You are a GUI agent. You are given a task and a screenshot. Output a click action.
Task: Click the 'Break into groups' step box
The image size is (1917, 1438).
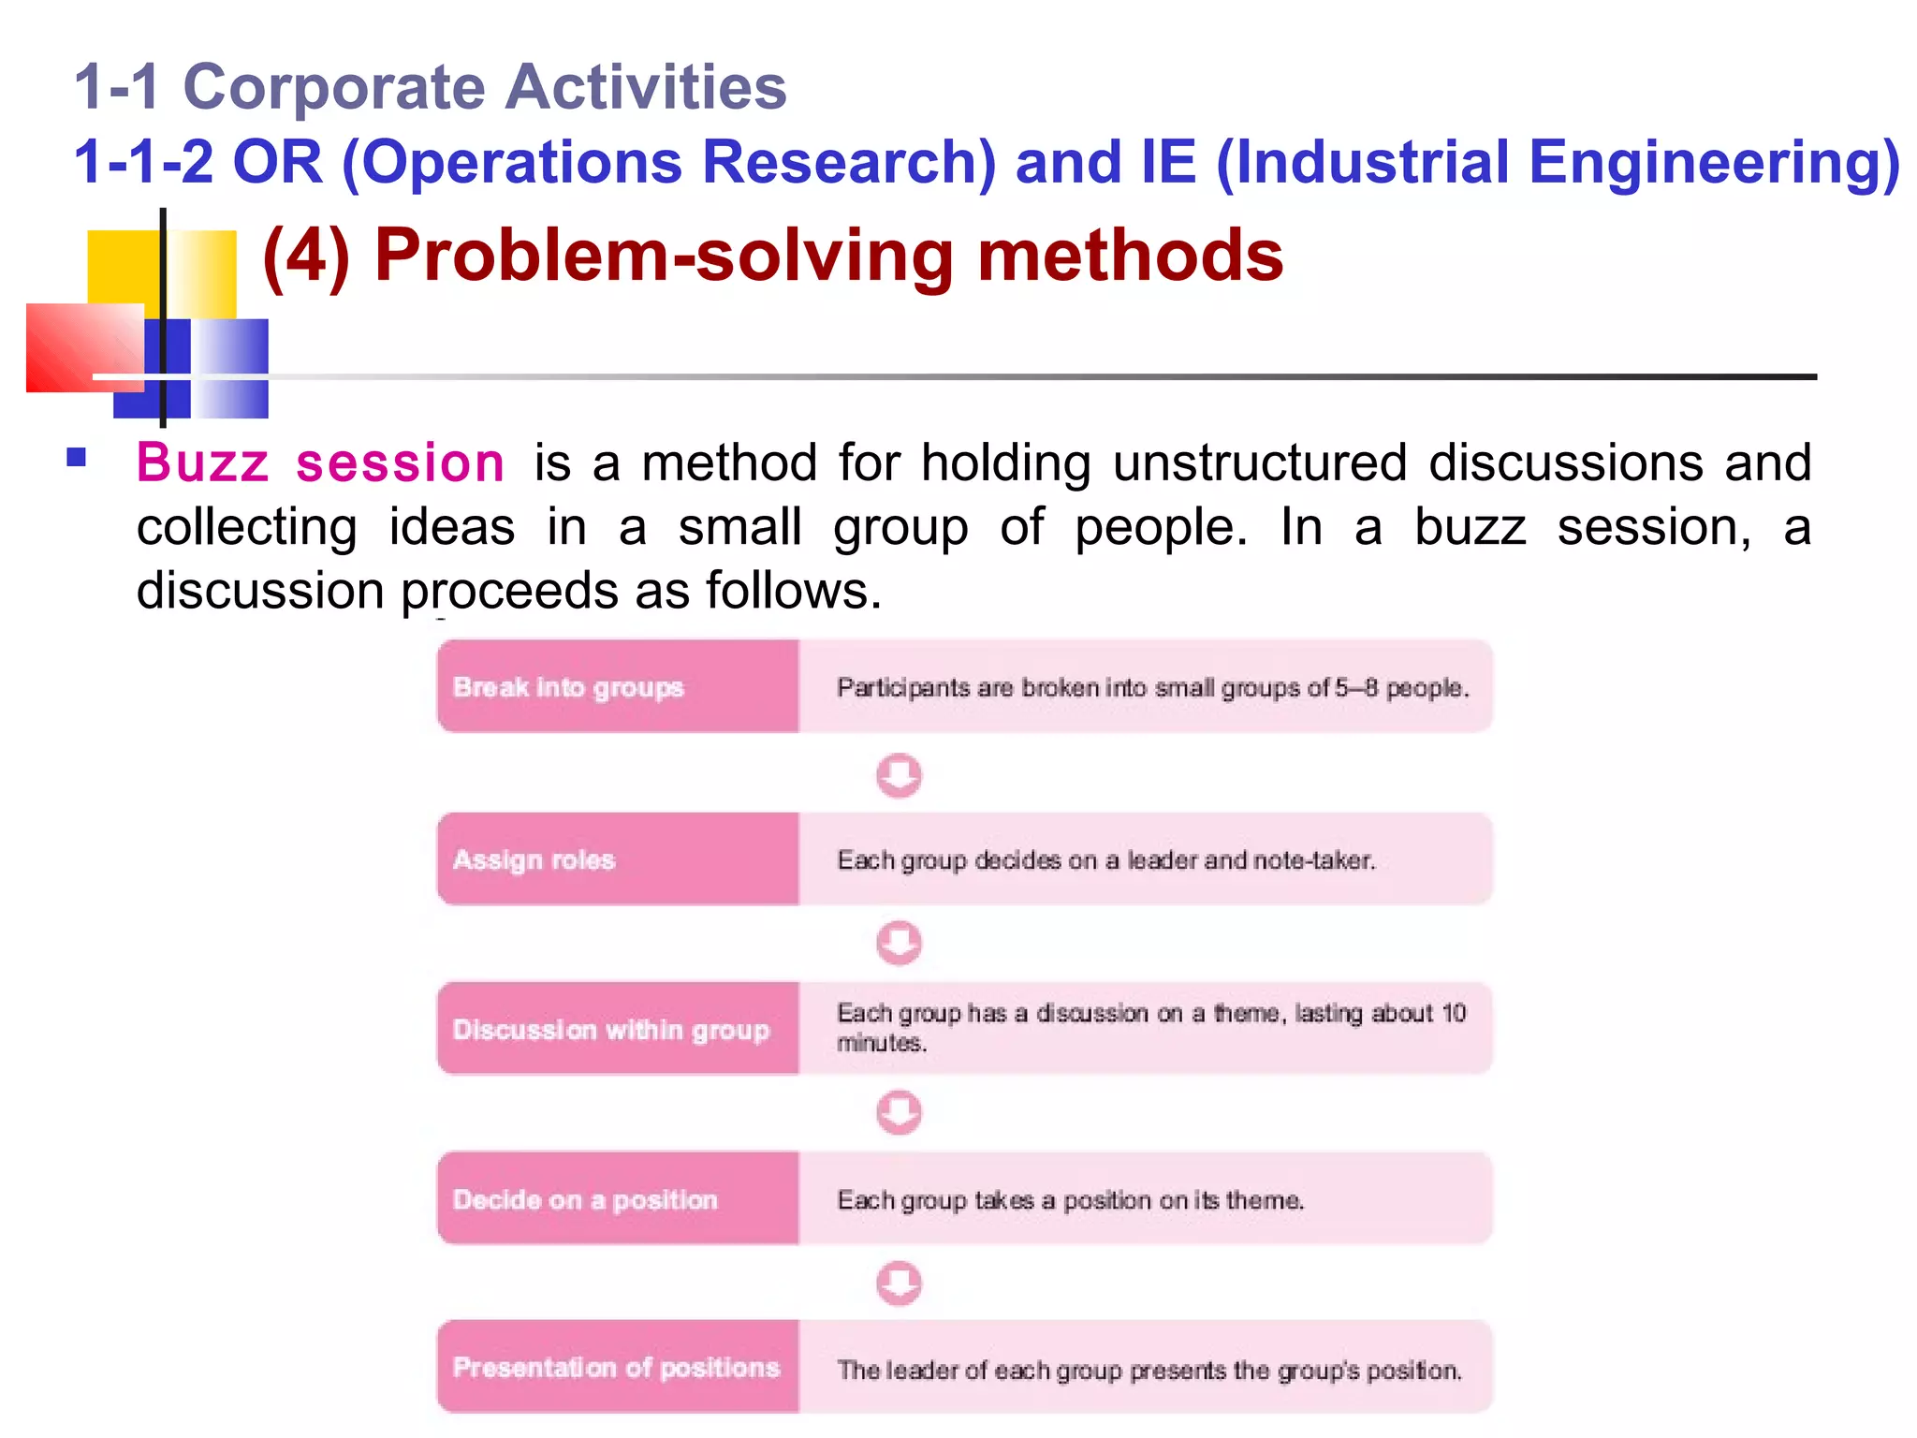coord(617,686)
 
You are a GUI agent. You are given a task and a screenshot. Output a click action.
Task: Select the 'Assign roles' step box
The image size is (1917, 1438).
coord(617,858)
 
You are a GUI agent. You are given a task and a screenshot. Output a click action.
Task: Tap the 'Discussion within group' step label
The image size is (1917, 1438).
coord(610,1029)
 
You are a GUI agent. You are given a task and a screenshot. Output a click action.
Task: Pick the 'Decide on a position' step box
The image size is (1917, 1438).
coord(617,1198)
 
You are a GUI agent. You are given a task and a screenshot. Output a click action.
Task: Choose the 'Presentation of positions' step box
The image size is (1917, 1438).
coord(617,1367)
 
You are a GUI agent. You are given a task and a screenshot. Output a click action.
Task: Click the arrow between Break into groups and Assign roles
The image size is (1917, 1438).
coord(899,775)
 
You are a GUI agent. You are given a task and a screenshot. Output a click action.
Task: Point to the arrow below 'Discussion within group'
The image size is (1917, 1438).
coord(899,1112)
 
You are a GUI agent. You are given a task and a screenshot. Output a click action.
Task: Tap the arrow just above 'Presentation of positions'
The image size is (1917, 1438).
coord(899,1283)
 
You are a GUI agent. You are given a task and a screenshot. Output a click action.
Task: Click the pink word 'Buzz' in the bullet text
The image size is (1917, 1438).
coord(202,463)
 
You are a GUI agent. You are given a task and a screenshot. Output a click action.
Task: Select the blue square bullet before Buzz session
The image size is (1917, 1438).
coord(77,458)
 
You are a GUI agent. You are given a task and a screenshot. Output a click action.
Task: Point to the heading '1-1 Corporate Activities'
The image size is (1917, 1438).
coord(430,87)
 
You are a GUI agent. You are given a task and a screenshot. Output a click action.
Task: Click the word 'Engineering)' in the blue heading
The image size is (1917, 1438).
coord(1713,162)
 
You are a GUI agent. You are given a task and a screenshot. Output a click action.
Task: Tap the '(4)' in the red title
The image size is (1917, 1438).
coord(306,256)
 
